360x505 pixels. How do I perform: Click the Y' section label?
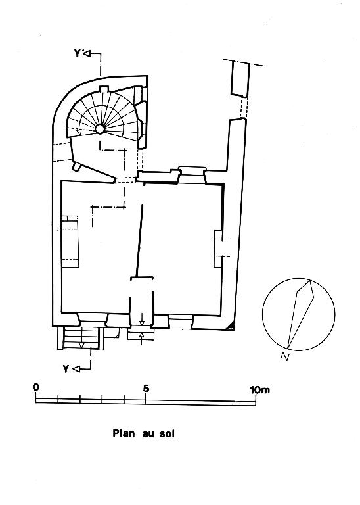point(78,53)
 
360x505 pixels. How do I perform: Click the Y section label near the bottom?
point(66,369)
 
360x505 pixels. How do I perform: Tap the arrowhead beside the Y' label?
point(87,53)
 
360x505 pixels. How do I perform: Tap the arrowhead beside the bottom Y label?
point(76,369)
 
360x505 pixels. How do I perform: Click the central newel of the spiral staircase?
point(100,129)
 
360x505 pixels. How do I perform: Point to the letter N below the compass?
point(284,356)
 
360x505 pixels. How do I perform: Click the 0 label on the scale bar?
point(35,387)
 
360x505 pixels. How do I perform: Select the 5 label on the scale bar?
point(146,389)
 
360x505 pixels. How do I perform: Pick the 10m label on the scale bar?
point(260,390)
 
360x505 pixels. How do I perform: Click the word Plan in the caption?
point(124,433)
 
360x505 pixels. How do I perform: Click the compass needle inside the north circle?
point(300,315)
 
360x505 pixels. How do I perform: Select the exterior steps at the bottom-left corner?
point(81,338)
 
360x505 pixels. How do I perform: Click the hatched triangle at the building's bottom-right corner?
point(230,327)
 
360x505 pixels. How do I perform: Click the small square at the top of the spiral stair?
point(104,89)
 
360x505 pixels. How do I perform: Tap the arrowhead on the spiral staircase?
point(79,132)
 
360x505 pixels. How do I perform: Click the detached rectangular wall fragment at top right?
point(240,79)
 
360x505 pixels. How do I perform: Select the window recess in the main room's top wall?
point(192,175)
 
